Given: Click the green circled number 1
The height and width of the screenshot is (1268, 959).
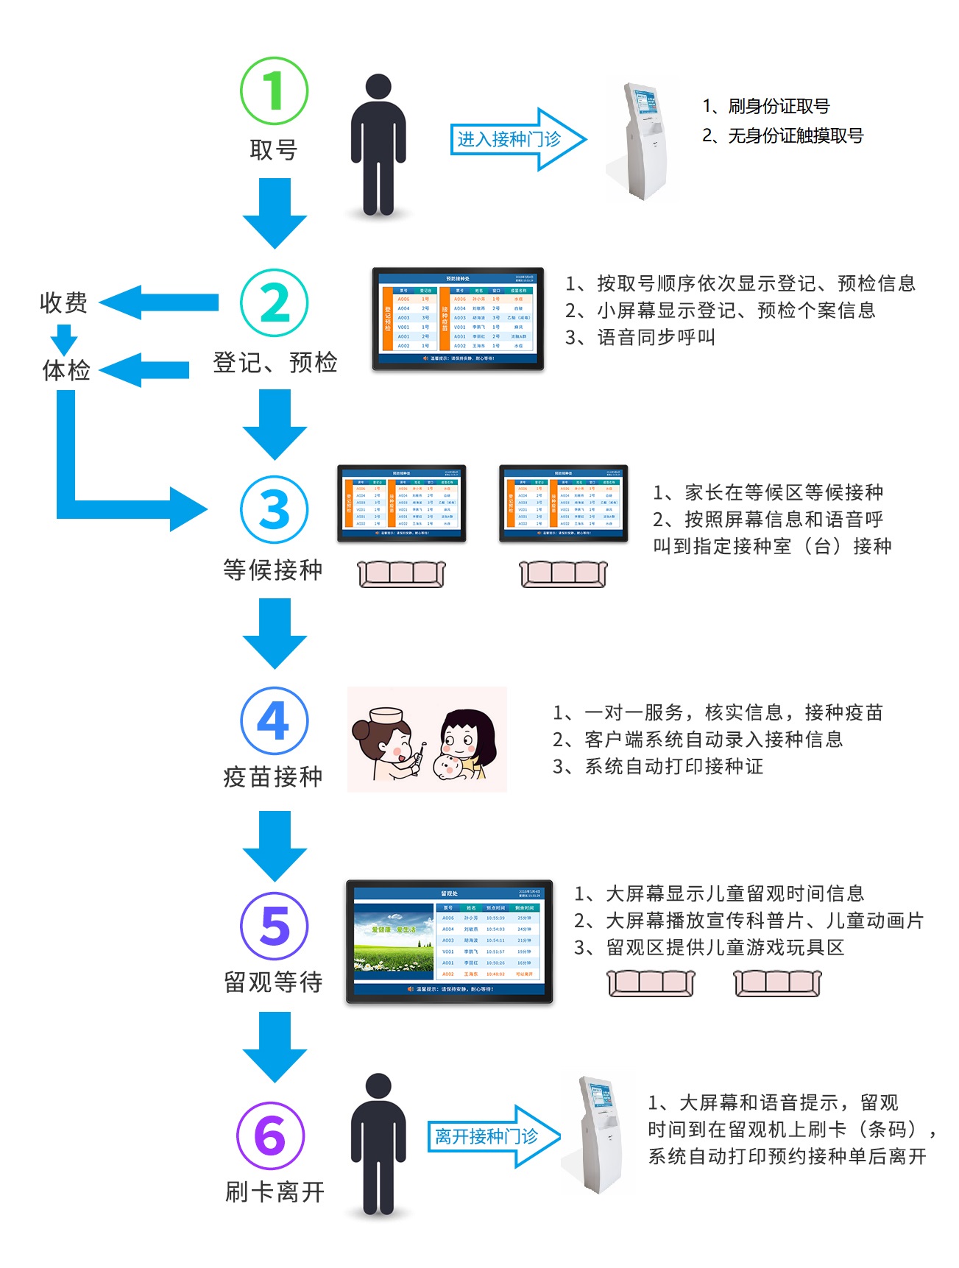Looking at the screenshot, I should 274,91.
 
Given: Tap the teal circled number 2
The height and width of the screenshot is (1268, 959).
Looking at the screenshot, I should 274,302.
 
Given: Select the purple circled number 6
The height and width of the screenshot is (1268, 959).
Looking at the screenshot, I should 270,1136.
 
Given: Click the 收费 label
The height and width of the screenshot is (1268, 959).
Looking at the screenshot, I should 63,302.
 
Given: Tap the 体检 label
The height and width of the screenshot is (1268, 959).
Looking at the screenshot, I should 66,369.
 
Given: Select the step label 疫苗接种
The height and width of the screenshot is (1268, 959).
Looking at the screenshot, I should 273,776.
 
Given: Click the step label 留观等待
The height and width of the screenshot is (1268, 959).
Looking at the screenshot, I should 273,982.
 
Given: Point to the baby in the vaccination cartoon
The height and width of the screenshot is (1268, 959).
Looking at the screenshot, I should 448,766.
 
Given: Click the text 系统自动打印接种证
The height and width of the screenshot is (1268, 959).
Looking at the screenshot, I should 673,766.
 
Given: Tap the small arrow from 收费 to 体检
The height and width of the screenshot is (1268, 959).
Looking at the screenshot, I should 64,339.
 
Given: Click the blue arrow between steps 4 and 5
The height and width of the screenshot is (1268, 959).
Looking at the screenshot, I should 275,846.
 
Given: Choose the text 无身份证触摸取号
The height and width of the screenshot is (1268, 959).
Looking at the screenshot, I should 795,135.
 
